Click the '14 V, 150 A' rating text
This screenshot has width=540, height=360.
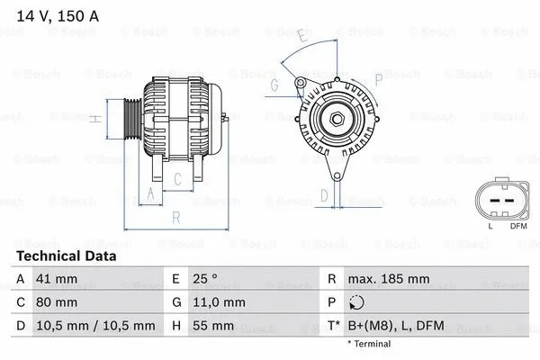tap(52, 16)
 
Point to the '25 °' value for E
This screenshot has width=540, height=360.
tap(208, 280)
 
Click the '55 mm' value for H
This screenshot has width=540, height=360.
tap(212, 325)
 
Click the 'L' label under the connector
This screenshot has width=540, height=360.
tap(490, 225)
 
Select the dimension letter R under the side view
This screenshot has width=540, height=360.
tap(176, 217)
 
